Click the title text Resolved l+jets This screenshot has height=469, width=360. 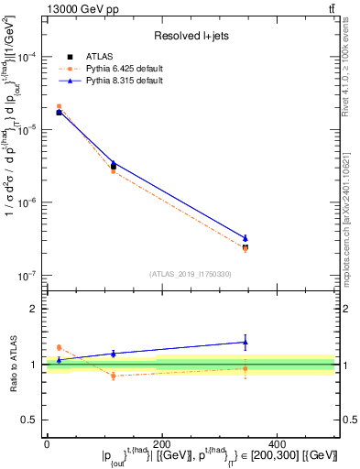[x=191, y=36]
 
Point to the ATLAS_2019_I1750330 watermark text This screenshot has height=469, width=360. [x=190, y=274]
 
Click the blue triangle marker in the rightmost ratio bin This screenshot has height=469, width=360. [x=245, y=343]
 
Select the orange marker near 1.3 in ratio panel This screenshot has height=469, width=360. [x=59, y=347]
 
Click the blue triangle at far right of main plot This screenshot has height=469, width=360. [x=245, y=238]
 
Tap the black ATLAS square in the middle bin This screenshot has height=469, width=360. [x=113, y=167]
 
